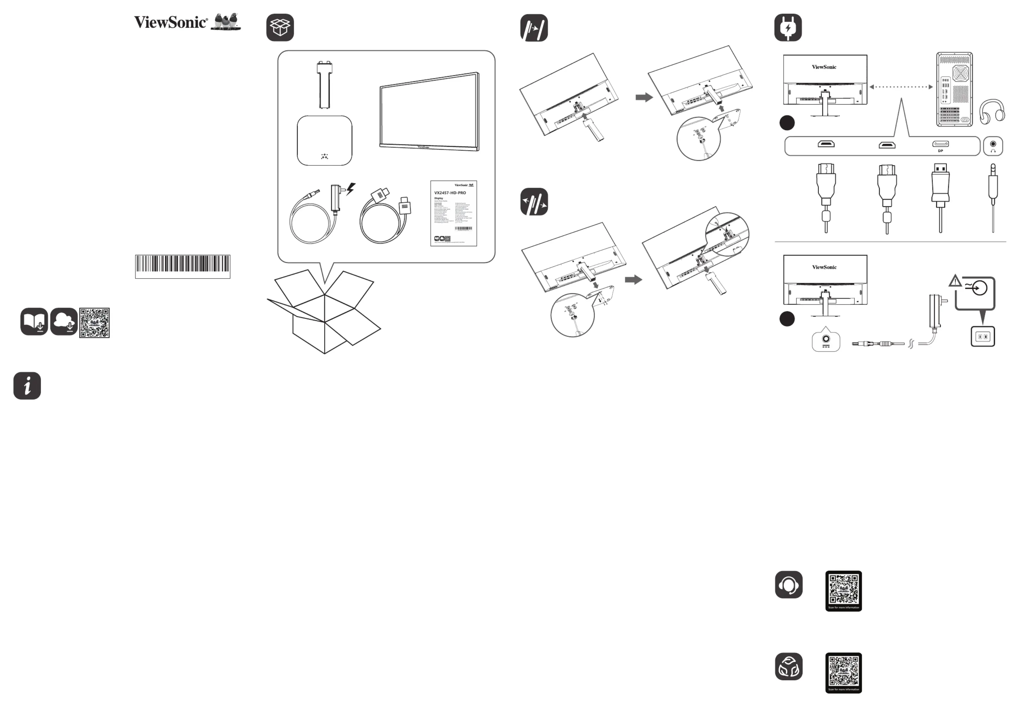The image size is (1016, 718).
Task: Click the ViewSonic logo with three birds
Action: (x=188, y=22)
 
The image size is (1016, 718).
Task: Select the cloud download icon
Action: (x=64, y=322)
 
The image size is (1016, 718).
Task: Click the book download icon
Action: (x=34, y=322)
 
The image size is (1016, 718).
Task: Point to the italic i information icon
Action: (x=27, y=386)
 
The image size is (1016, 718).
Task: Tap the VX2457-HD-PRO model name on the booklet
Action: (x=450, y=193)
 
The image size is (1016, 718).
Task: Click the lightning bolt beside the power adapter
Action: (x=351, y=189)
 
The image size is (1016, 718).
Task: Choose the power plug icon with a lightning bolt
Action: (x=788, y=28)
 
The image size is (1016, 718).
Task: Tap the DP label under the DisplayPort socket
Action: (x=940, y=151)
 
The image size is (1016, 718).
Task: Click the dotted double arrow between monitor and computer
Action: (x=901, y=87)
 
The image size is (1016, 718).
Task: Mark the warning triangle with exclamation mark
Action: (x=955, y=280)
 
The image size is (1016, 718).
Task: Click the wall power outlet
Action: (x=983, y=337)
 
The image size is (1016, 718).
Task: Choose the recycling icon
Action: (x=788, y=666)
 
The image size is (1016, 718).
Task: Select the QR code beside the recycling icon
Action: (x=844, y=672)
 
